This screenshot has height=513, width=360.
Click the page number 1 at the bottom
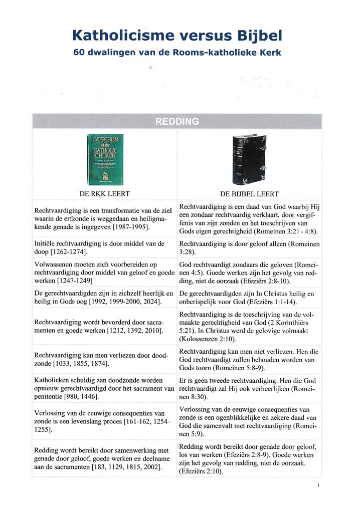[318, 485]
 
